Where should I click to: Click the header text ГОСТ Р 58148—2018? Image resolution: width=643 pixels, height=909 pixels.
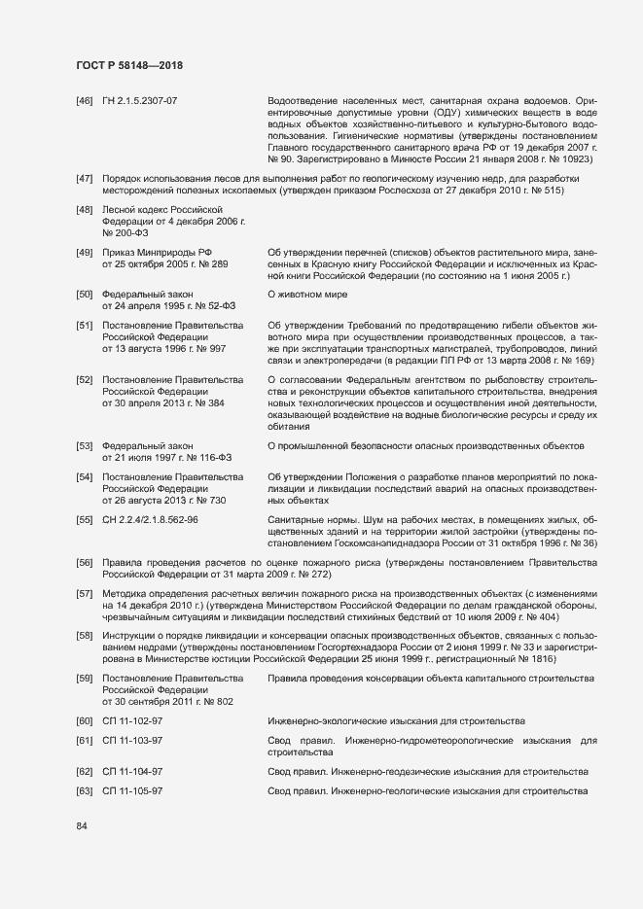(128, 65)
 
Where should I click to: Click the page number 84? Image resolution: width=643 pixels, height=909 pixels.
(82, 826)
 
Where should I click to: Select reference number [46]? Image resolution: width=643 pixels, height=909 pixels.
(84, 100)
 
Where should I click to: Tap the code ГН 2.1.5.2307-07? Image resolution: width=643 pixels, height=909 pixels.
(140, 100)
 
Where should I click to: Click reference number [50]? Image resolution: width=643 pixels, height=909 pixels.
(84, 294)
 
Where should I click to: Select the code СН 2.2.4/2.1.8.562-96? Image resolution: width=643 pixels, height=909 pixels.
(151, 520)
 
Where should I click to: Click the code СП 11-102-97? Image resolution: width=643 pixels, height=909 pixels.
(132, 720)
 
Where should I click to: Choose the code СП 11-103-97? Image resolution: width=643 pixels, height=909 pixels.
(132, 741)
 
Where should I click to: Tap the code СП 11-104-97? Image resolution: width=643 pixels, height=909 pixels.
(132, 772)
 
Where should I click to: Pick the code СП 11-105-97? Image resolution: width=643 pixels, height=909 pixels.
(132, 791)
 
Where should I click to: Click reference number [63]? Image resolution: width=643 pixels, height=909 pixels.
(84, 791)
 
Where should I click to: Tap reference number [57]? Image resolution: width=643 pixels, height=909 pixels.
(84, 592)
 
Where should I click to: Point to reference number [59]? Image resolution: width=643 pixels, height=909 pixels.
(84, 678)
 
